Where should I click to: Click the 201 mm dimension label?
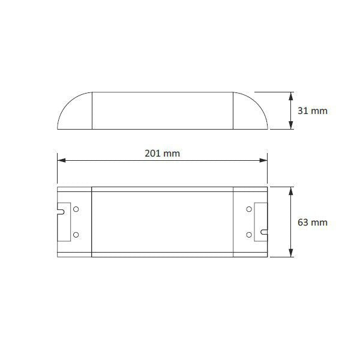coord(162,153)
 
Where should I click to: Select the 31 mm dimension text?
coord(313,111)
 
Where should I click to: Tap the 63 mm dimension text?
coord(313,222)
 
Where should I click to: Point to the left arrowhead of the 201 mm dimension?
coord(61,160)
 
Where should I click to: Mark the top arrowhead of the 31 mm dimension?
coord(291,95)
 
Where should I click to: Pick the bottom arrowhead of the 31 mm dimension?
coord(291,125)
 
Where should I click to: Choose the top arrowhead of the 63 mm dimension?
coord(291,190)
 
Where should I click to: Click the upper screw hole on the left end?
coord(76,209)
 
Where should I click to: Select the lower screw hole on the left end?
coord(76,234)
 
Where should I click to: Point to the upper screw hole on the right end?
coord(248,209)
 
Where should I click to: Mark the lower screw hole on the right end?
coord(248,234)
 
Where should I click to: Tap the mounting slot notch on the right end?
coord(263,230)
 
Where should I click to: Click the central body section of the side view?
coord(162,110)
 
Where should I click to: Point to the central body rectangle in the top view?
coord(162,222)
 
